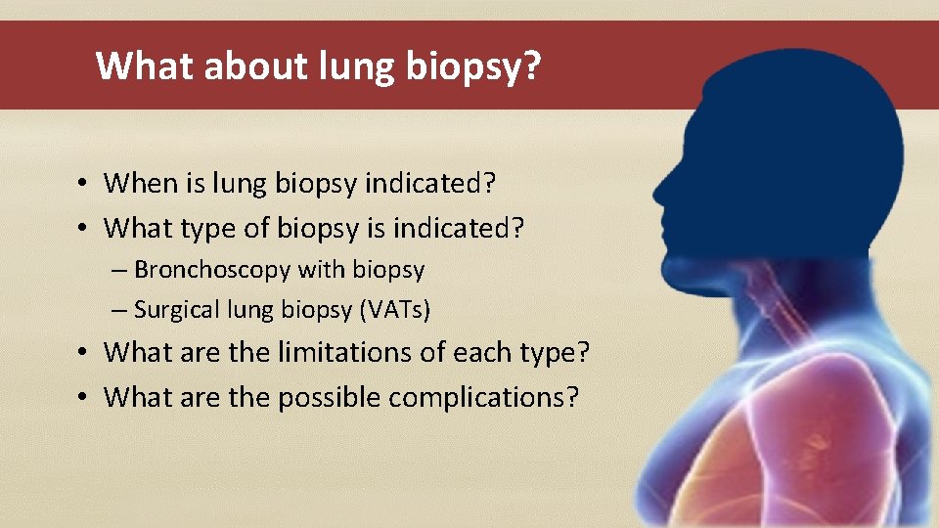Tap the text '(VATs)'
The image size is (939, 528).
coord(395,310)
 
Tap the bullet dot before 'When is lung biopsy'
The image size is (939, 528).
coord(87,184)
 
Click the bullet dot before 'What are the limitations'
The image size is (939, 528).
coord(87,351)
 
